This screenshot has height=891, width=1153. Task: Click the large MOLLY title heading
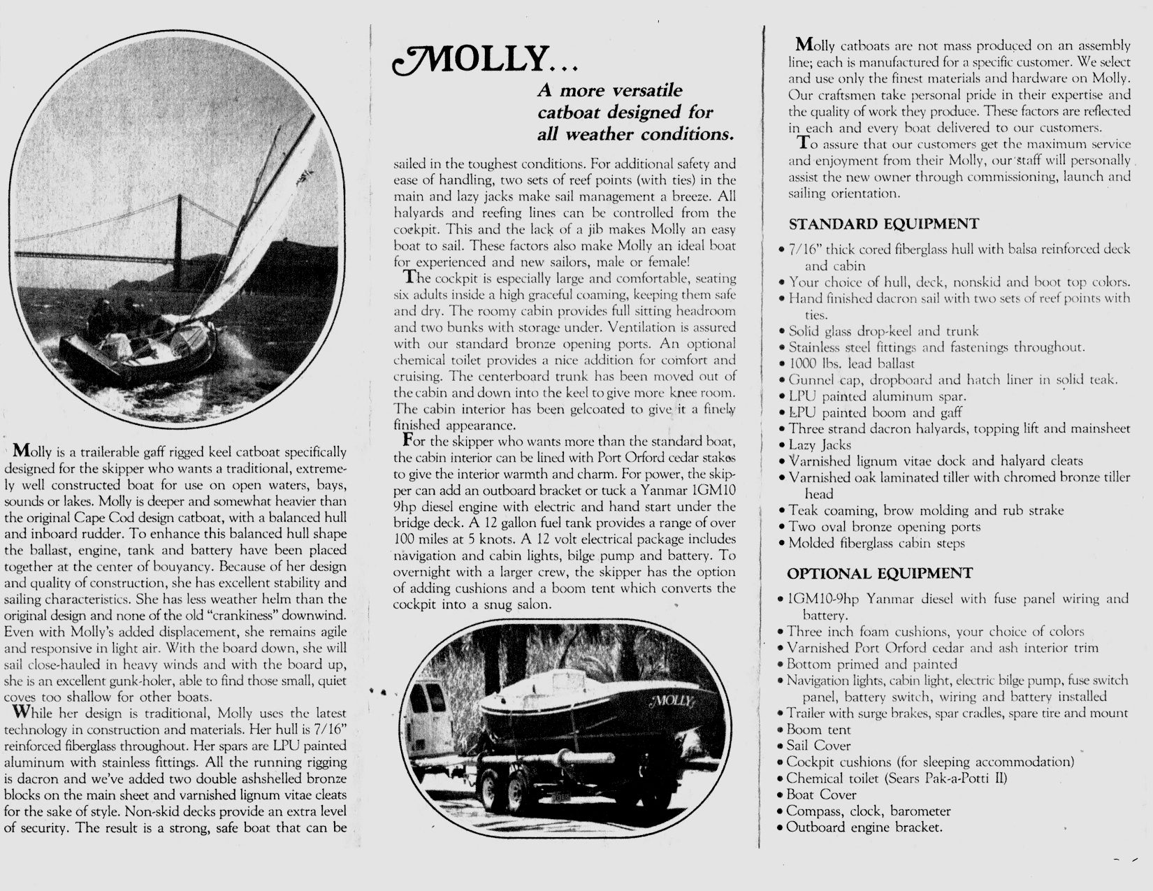click(482, 62)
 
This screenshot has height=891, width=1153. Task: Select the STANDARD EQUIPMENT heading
click(883, 224)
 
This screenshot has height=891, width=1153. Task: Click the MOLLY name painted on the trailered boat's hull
click(672, 701)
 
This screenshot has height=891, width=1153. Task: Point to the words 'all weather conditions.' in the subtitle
click(634, 133)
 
